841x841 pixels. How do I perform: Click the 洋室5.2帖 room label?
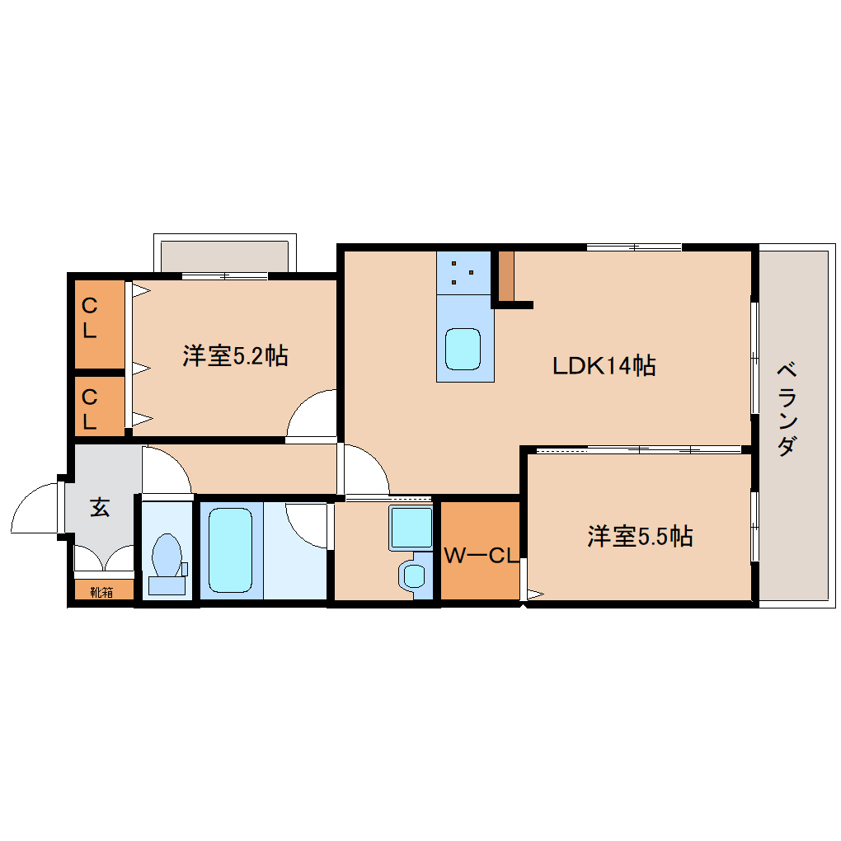236,355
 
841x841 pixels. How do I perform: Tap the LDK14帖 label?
604,366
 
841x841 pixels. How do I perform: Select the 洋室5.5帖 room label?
640,536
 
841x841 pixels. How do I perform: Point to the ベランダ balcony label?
787,409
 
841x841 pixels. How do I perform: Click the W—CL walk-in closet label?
482,556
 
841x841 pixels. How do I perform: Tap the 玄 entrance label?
100,507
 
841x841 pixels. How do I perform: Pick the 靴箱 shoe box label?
101,592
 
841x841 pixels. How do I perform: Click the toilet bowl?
167,564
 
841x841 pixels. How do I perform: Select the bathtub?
231,550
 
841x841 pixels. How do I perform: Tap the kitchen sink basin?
463,349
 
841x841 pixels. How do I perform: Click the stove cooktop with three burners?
463,272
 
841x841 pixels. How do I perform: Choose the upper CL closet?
100,324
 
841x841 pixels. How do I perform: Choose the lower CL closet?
100,406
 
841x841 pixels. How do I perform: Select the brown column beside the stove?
506,275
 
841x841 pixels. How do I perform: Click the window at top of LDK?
634,247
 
